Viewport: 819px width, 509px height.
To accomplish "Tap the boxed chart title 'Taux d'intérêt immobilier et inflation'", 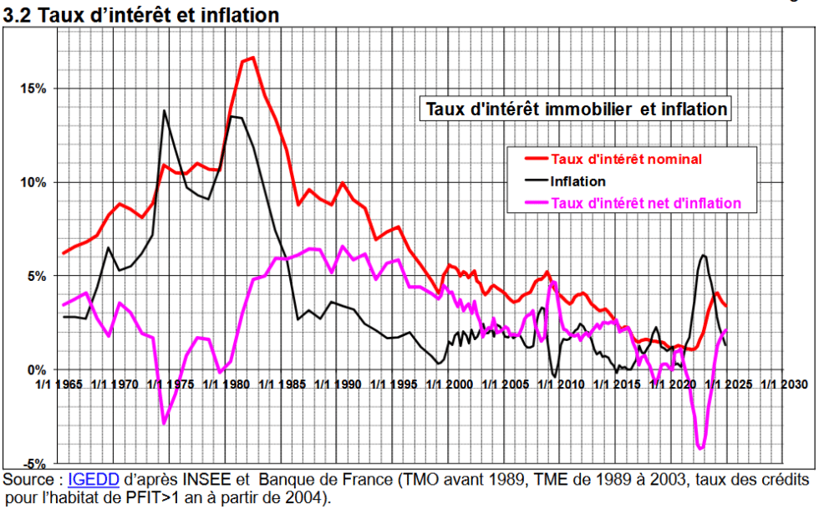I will pos(577,109).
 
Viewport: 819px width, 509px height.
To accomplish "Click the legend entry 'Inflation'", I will pos(577,181).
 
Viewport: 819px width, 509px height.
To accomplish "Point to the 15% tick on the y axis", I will pos(32,89).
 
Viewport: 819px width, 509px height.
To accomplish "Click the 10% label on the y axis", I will pos(32,182).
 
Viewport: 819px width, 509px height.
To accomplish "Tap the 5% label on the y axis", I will pos(35,276).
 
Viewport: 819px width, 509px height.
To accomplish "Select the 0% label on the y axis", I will pos(35,369).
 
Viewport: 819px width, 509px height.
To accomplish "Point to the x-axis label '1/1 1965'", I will pos(63,384).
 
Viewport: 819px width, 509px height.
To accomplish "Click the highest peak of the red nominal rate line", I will pos(252,58).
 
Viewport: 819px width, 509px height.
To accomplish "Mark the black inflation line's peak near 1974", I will pos(164,110).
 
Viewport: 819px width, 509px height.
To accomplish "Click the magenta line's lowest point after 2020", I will pos(700,449).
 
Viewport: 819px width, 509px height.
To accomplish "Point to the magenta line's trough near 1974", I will pos(164,423).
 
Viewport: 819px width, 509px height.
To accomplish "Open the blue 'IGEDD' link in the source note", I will pos(94,481).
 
